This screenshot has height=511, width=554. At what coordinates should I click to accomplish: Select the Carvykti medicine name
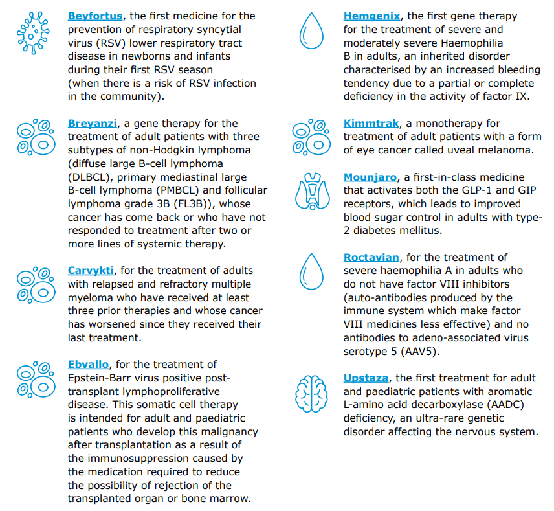point(91,271)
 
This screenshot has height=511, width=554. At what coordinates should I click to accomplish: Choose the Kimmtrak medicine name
point(371,124)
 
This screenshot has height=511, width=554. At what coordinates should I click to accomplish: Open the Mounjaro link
point(370,177)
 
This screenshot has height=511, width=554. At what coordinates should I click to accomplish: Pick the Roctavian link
point(371,258)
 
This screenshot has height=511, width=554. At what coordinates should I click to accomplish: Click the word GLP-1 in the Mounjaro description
point(464,190)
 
